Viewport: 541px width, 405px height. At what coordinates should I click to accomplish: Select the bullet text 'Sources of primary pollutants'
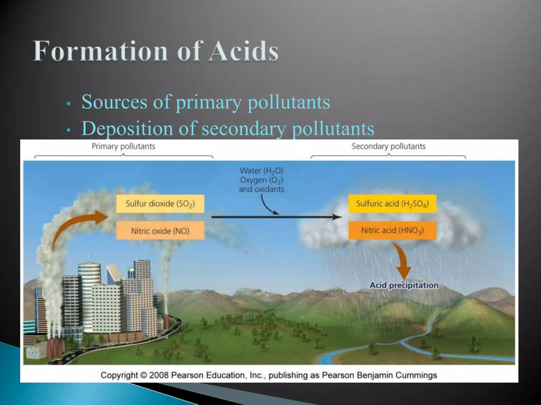[x=206, y=102]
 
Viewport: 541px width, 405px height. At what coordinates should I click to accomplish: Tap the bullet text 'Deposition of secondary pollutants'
[x=228, y=129]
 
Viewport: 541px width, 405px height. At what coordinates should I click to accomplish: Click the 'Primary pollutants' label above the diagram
[x=123, y=146]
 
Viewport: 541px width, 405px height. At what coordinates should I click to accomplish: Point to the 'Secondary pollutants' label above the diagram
[x=388, y=146]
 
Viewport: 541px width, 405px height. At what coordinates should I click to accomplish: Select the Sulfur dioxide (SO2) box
[x=160, y=204]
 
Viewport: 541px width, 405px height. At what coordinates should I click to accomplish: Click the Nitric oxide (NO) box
[x=160, y=231]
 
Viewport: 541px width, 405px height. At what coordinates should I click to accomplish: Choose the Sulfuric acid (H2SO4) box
[x=392, y=204]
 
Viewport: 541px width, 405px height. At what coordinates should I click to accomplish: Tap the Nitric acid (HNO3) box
[x=392, y=230]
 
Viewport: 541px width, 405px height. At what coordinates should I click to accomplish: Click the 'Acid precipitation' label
[x=404, y=285]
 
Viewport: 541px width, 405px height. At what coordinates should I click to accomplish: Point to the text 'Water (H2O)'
[x=261, y=171]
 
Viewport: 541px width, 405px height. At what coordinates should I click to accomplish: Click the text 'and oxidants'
[x=261, y=189]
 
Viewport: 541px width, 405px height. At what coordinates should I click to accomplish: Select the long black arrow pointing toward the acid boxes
[x=276, y=217]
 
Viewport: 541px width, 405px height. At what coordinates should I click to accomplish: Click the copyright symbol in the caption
[x=143, y=375]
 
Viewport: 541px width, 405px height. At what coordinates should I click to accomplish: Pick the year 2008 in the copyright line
[x=159, y=375]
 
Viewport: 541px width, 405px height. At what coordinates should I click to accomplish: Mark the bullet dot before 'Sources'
[x=68, y=104]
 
